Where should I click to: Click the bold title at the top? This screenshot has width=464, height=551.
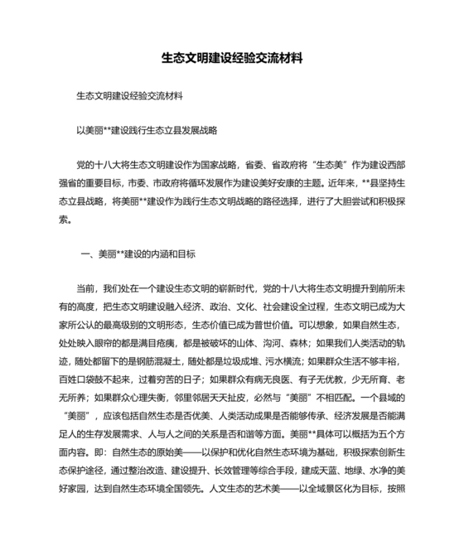[x=232, y=60]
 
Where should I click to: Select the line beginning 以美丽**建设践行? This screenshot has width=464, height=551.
[x=146, y=130]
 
